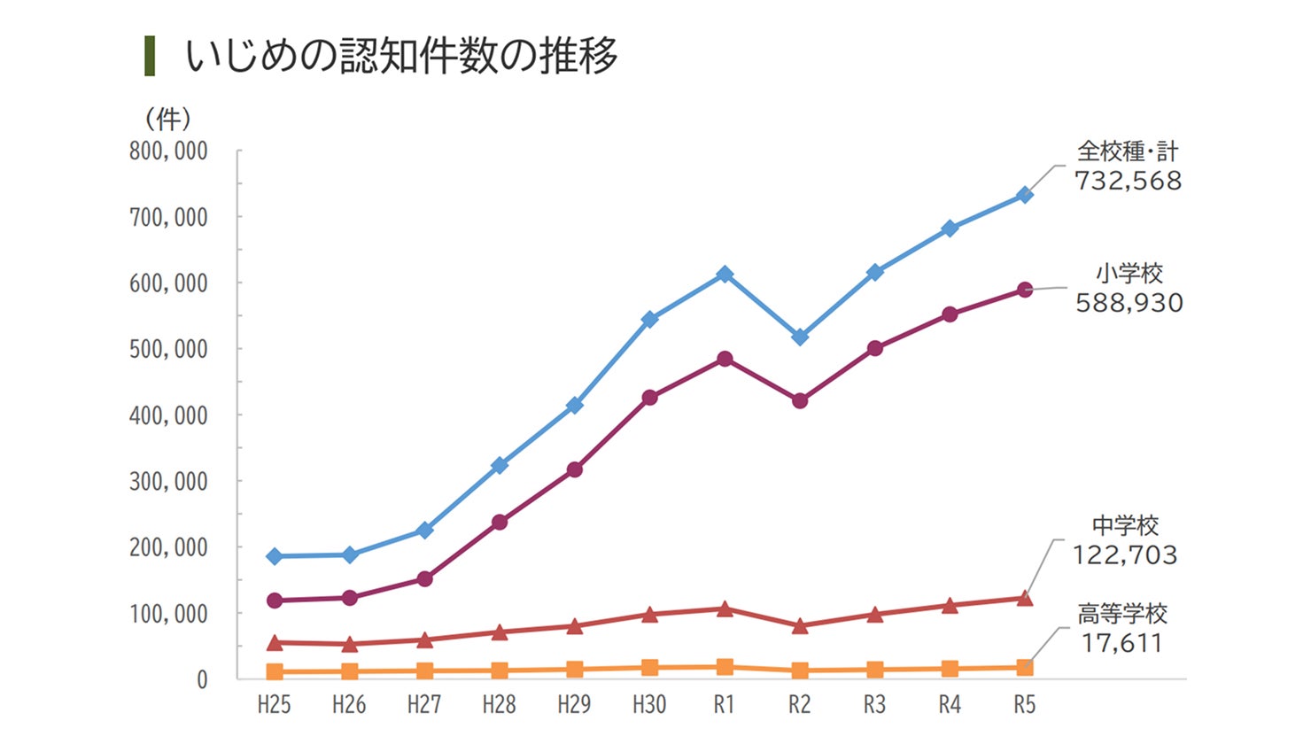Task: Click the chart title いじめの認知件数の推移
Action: (x=400, y=56)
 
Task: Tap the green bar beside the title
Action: (x=150, y=56)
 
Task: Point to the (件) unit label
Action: (x=167, y=119)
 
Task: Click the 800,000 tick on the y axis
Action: (x=168, y=151)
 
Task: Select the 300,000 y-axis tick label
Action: (x=168, y=481)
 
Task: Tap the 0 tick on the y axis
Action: (x=202, y=679)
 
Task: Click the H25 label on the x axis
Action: (x=274, y=705)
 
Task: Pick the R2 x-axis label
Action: (x=799, y=705)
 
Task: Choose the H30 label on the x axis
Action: (x=649, y=705)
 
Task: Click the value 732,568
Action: (x=1128, y=181)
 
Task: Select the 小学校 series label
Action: (x=1129, y=274)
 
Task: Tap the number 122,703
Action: (x=1125, y=555)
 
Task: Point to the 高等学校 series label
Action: (x=1122, y=613)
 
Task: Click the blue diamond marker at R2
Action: (x=800, y=337)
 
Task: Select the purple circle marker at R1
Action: (x=725, y=359)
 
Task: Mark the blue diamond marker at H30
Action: (x=649, y=319)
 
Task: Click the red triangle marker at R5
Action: (x=1025, y=599)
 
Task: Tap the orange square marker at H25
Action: (x=275, y=672)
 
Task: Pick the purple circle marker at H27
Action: (x=424, y=579)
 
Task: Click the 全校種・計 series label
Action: (x=1128, y=151)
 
